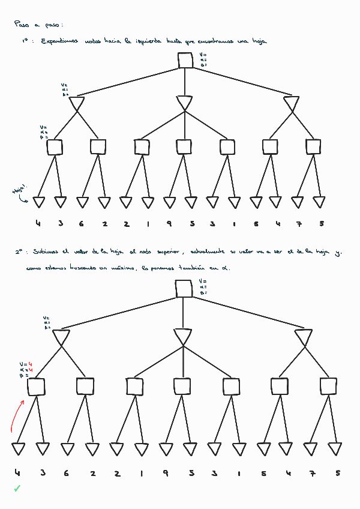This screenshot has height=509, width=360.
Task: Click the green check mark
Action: (x=17, y=489)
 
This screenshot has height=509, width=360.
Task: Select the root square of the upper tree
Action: (x=185, y=60)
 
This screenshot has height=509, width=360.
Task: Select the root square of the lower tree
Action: (x=184, y=288)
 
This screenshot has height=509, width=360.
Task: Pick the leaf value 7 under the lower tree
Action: (x=312, y=473)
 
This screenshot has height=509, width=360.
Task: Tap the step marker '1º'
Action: (x=28, y=41)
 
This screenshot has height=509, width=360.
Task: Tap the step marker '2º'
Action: (x=20, y=253)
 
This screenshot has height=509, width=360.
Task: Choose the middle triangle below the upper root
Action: (x=185, y=103)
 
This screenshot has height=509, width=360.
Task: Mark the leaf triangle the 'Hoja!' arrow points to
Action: (x=39, y=202)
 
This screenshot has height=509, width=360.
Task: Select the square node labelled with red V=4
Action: (x=36, y=387)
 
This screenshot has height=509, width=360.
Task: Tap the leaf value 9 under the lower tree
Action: (x=165, y=473)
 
